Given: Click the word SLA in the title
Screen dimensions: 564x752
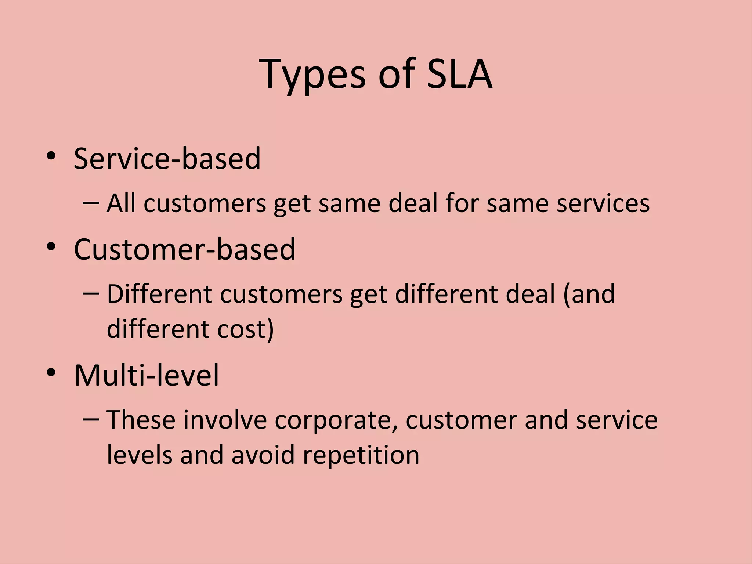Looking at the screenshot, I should coord(459,74).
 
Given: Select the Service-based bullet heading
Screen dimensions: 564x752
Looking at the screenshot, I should coord(167,159).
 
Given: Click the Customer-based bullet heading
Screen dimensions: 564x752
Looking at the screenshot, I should coord(184,249).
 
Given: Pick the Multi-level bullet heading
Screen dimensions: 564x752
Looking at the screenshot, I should coord(146,375).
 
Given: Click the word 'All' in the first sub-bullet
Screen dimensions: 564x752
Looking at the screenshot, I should coord(121,203).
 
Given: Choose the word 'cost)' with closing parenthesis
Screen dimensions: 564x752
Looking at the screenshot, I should coord(245,329).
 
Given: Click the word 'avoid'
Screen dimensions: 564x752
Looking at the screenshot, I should coord(263,455).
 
